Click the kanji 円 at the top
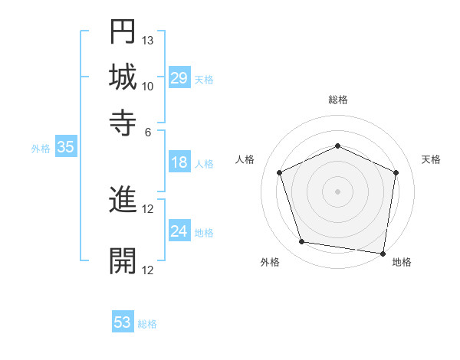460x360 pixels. click(123, 33)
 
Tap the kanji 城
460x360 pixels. click(123, 78)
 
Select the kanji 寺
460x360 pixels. click(123, 123)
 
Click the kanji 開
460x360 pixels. click(123, 260)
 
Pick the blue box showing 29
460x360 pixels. click(179, 78)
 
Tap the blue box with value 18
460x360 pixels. click(179, 162)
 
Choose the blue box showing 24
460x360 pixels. click(179, 232)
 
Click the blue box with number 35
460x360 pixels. click(65, 148)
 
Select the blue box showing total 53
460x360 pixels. click(123, 322)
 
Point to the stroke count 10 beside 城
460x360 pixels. click(148, 86)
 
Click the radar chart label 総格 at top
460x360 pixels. click(337, 100)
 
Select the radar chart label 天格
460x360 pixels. click(431, 159)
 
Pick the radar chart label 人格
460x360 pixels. click(245, 159)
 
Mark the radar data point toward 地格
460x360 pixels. click(383, 253)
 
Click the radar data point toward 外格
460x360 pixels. click(302, 242)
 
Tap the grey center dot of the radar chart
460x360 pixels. click(337, 191)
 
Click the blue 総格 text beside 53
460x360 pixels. click(147, 324)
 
